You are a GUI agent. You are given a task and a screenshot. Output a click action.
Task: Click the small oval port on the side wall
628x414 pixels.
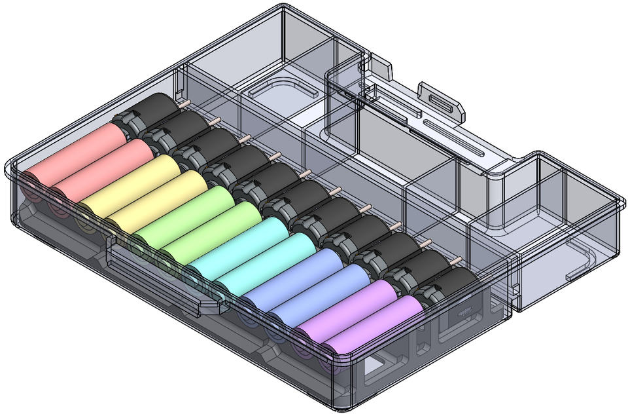point(466,309)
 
